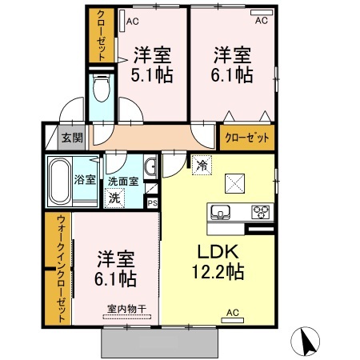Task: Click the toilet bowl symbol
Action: (x=101, y=87)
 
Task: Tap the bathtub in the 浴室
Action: (x=60, y=181)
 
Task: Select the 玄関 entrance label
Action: (x=72, y=138)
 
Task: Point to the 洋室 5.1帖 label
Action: (x=152, y=65)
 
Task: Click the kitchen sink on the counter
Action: (x=221, y=212)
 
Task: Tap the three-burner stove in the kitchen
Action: (x=261, y=212)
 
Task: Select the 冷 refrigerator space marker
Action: (x=202, y=165)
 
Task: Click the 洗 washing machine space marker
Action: (x=114, y=198)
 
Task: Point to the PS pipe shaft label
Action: (x=153, y=203)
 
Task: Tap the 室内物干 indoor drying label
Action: (x=127, y=309)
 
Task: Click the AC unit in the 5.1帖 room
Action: (x=122, y=21)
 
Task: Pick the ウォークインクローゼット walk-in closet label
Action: (x=62, y=269)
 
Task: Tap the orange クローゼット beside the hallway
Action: (x=247, y=138)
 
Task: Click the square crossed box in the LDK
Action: (x=235, y=183)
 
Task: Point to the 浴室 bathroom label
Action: (x=85, y=180)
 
